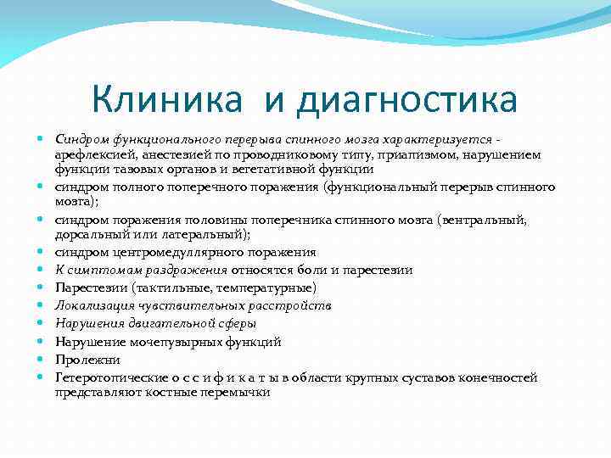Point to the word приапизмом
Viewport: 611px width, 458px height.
click(379, 156)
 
